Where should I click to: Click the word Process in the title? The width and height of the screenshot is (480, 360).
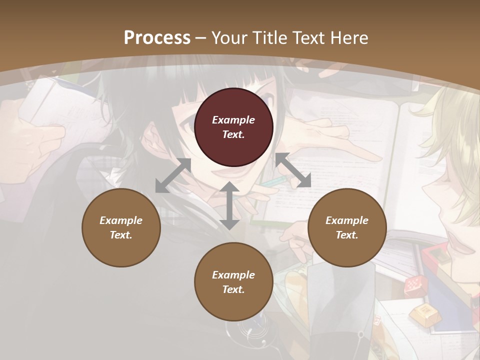point(157,38)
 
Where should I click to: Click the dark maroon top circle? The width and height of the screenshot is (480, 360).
point(233,127)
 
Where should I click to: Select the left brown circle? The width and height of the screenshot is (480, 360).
point(121,227)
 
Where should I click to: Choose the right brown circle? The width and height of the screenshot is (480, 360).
point(347,227)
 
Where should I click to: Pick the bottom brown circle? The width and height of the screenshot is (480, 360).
point(233,282)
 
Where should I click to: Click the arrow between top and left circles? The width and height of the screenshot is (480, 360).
point(173,175)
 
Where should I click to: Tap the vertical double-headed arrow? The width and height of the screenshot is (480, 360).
point(229,205)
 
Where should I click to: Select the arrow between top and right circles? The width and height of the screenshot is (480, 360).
point(293,170)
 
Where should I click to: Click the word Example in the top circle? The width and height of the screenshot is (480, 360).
point(233,120)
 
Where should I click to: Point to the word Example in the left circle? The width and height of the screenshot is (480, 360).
point(121,220)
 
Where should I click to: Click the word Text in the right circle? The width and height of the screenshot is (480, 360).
point(347,235)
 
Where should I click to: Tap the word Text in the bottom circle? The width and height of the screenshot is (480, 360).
point(233,289)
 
